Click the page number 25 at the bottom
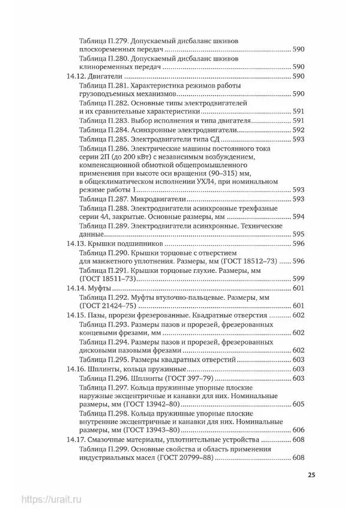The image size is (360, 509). tap(311, 475)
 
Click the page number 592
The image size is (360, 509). tap(299, 130)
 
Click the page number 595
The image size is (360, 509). tap(299, 234)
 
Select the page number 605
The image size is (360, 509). tap(299, 405)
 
